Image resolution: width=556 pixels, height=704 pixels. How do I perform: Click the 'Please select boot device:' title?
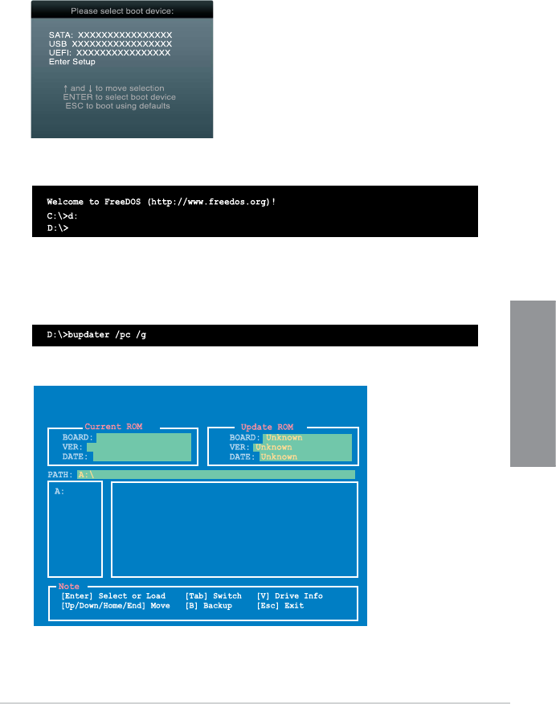[x=122, y=11]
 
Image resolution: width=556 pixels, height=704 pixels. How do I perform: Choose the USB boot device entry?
[x=110, y=44]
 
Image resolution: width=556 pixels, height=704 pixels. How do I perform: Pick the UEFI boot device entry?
[x=109, y=53]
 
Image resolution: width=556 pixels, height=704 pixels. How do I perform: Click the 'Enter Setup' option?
[x=72, y=62]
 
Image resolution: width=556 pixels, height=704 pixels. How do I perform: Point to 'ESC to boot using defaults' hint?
[x=117, y=105]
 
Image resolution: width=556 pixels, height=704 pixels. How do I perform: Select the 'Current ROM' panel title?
[x=113, y=427]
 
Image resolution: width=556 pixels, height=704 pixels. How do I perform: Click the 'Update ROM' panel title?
[x=268, y=427]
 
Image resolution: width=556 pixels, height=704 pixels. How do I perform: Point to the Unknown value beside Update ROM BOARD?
[x=284, y=438]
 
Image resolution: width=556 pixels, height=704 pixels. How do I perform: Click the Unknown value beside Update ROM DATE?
[x=279, y=456]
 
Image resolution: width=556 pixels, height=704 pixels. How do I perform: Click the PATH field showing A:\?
[x=215, y=475]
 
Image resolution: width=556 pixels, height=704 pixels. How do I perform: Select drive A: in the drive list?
[x=59, y=491]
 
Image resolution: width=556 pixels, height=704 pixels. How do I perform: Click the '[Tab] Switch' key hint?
[x=213, y=596]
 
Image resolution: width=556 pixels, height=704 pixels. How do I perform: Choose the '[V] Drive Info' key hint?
[x=289, y=596]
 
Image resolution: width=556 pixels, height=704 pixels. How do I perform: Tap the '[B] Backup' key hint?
[x=208, y=606]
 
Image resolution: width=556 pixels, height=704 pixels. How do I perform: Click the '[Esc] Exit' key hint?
[x=280, y=606]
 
